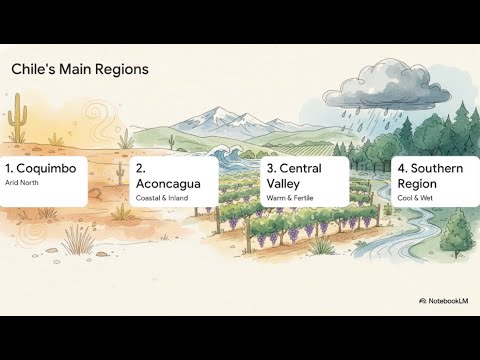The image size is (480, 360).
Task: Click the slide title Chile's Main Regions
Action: (79, 70)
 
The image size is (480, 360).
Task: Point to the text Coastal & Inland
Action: (162, 198)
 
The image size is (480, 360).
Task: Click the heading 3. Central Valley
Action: (296, 176)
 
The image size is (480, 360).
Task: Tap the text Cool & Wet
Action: (415, 198)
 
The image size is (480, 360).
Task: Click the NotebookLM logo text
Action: (445, 300)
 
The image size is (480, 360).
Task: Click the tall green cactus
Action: (17, 124)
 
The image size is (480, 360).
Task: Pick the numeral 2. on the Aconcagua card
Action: (141, 168)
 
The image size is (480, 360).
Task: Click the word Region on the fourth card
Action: (417, 184)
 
